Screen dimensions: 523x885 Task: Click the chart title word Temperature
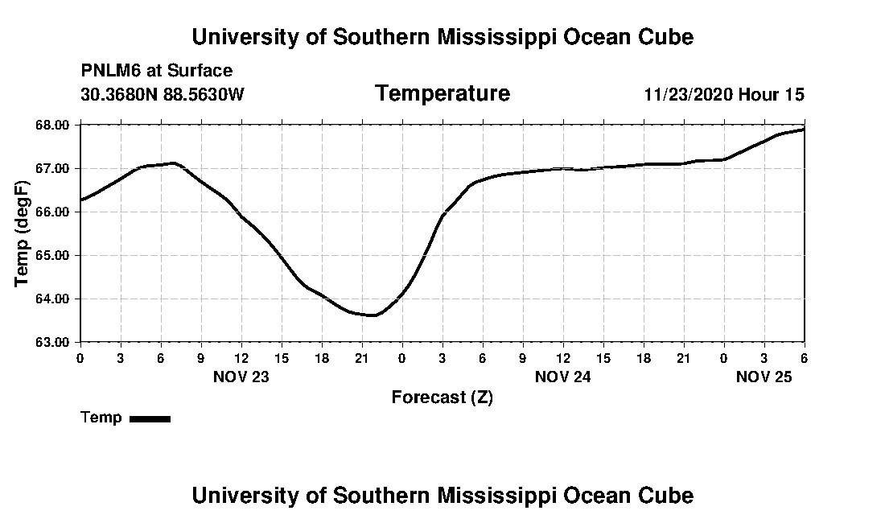point(442,94)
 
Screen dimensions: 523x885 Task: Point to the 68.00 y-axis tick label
point(53,126)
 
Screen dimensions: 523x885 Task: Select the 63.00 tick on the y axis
point(53,342)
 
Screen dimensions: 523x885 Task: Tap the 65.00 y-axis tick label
point(53,256)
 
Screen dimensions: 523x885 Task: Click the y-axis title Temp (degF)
point(23,233)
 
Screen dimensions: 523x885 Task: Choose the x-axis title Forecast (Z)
point(442,397)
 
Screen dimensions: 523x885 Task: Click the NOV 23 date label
point(241,377)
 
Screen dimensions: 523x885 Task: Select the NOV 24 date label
point(562,377)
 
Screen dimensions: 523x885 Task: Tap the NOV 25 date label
point(764,377)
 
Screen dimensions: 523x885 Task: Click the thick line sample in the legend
point(150,418)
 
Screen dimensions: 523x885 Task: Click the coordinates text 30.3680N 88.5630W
point(162,95)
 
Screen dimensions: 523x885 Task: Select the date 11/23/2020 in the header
point(688,95)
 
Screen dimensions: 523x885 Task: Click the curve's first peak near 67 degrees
point(173,163)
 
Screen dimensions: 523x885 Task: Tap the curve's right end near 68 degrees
point(803,129)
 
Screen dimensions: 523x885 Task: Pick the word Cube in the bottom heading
point(667,495)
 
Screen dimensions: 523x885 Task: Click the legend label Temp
point(101,418)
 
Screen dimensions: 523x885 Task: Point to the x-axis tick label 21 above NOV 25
point(683,358)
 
